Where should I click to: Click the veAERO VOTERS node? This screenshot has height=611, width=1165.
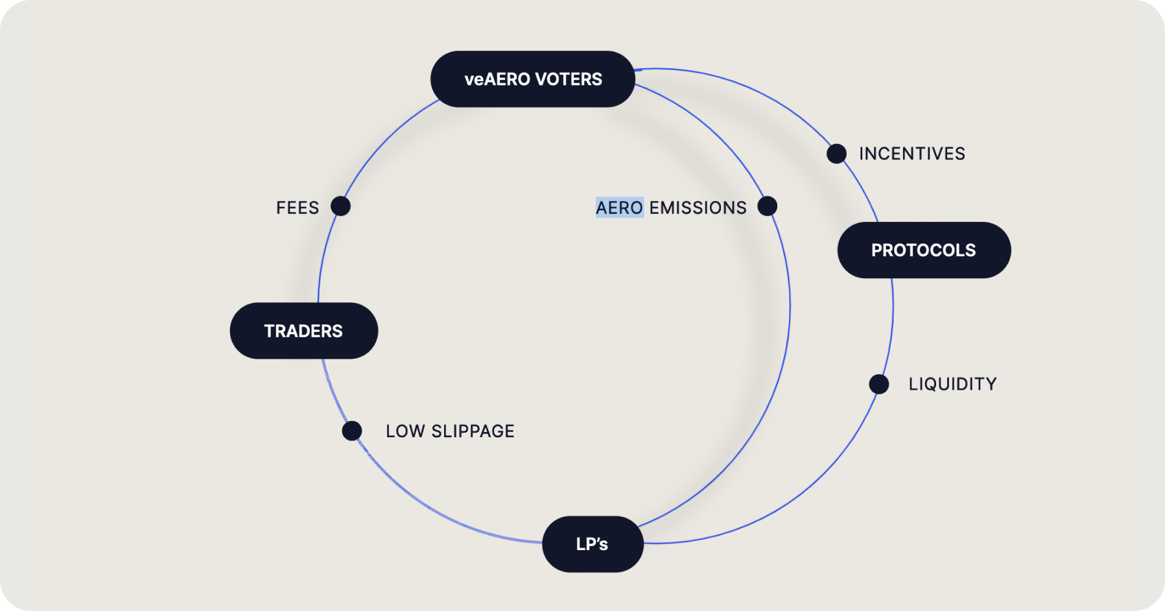click(532, 79)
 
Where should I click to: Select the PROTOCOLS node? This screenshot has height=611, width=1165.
click(924, 250)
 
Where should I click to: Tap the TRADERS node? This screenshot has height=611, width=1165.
click(303, 331)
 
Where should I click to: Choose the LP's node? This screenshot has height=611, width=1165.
click(593, 544)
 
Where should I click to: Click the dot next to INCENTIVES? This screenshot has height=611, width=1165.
click(836, 154)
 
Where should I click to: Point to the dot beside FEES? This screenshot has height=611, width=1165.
click(340, 206)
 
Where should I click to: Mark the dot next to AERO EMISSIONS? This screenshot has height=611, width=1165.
click(767, 206)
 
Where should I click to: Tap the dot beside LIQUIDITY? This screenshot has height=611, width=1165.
click(878, 384)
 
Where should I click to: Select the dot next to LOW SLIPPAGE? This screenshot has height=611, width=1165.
click(352, 431)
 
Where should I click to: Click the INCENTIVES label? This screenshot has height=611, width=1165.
click(912, 154)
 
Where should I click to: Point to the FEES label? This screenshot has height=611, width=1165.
click(298, 208)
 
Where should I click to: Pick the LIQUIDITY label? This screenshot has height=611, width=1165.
click(952, 384)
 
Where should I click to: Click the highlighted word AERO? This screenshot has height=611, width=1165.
click(619, 208)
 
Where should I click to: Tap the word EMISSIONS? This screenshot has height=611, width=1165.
click(698, 208)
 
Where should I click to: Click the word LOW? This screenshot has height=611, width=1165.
click(405, 431)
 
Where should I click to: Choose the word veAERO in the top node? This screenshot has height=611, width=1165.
click(497, 79)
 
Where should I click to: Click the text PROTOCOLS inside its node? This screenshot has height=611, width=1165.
click(923, 250)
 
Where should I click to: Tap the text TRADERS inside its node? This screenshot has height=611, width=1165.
click(303, 331)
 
